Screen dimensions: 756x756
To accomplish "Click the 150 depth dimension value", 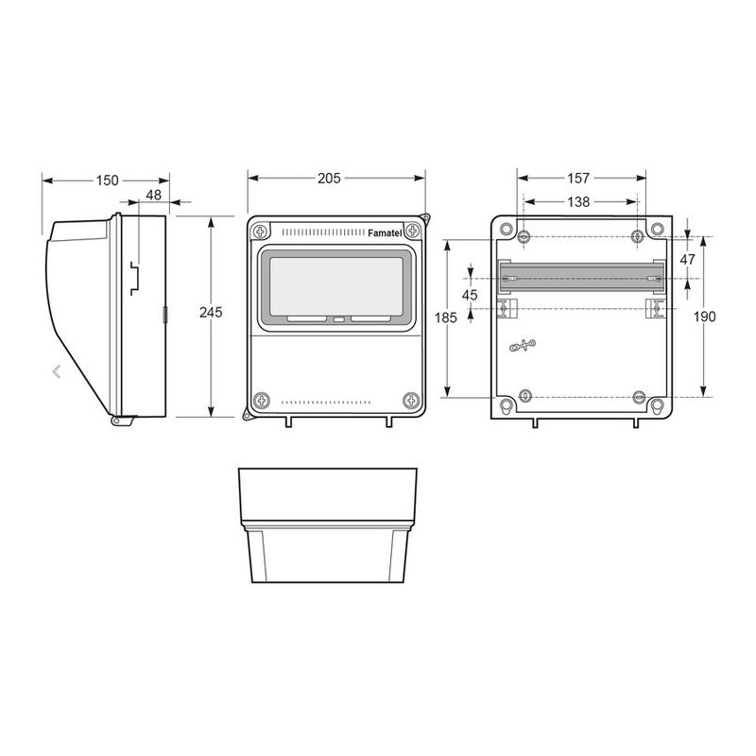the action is [107, 180].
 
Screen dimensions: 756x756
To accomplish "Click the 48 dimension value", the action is [153, 196].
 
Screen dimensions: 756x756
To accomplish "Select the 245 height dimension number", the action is [211, 313].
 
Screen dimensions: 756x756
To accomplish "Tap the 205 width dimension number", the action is [329, 179].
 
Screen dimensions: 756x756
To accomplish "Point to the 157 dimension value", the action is [578, 179].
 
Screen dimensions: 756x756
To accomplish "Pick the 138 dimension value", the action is [578, 201].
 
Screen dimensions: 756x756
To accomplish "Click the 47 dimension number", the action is [688, 259].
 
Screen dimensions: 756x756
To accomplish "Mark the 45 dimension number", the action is [470, 295].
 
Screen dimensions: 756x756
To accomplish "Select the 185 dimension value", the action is [445, 318].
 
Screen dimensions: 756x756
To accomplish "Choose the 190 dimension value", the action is [704, 317].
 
